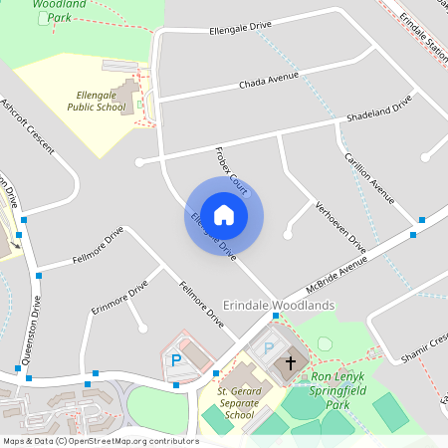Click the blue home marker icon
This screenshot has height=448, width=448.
224,214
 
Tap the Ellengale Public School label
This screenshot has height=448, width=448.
97,101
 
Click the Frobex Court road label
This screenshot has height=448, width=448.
230,168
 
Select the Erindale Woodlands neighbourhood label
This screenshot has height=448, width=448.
279,305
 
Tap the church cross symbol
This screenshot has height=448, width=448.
291,363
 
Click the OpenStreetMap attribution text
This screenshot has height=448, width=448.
100,440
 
